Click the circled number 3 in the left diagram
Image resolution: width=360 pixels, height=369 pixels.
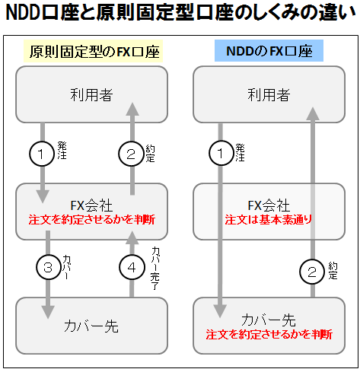pyautogui.click(x=48, y=267)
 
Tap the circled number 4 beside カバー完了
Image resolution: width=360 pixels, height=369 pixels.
pyautogui.click(x=132, y=267)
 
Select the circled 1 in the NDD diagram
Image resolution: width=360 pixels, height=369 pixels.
pyautogui.click(x=221, y=153)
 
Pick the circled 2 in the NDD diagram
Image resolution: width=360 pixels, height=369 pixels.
pyautogui.click(x=312, y=272)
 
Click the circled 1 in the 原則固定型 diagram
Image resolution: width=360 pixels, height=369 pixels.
pyautogui.click(x=42, y=154)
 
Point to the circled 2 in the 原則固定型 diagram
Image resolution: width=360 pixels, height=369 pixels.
pyautogui.click(x=131, y=154)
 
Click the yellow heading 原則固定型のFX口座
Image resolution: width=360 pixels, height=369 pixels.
pyautogui.click(x=93, y=51)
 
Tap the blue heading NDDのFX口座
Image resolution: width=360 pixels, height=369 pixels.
pyautogui.click(x=269, y=51)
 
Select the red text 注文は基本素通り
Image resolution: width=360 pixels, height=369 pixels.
pyautogui.click(x=269, y=219)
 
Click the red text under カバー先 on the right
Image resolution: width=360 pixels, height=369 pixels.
pyautogui.click(x=269, y=334)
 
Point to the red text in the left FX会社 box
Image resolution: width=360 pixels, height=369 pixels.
pyautogui.click(x=91, y=219)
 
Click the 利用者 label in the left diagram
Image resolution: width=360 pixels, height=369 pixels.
pyautogui.click(x=91, y=94)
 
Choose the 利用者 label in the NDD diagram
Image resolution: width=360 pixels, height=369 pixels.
pyautogui.click(x=269, y=94)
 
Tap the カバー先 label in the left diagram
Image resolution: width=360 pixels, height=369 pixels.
pyautogui.click(x=91, y=326)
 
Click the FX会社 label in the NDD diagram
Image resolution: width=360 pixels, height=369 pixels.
pyautogui.click(x=269, y=205)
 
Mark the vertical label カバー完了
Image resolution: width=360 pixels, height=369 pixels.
pyautogui.click(x=155, y=269)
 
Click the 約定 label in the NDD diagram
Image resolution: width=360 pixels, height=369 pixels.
pyautogui.click(x=333, y=271)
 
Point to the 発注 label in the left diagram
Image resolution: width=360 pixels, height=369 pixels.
pyautogui.click(x=62, y=151)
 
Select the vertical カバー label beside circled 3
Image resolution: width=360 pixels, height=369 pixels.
pyautogui.click(x=66, y=267)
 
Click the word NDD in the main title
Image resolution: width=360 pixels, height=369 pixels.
pyautogui.click(x=23, y=13)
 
